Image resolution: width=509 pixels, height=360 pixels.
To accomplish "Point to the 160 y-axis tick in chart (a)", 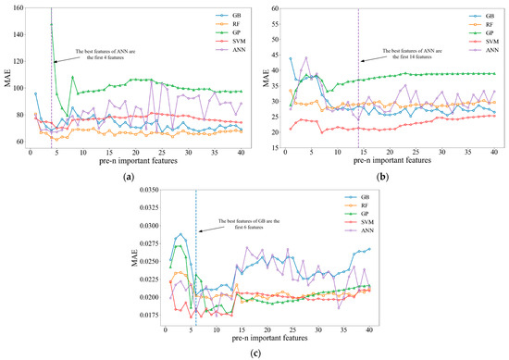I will point(17,9).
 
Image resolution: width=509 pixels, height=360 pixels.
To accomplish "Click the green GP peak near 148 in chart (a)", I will point(51,25).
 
